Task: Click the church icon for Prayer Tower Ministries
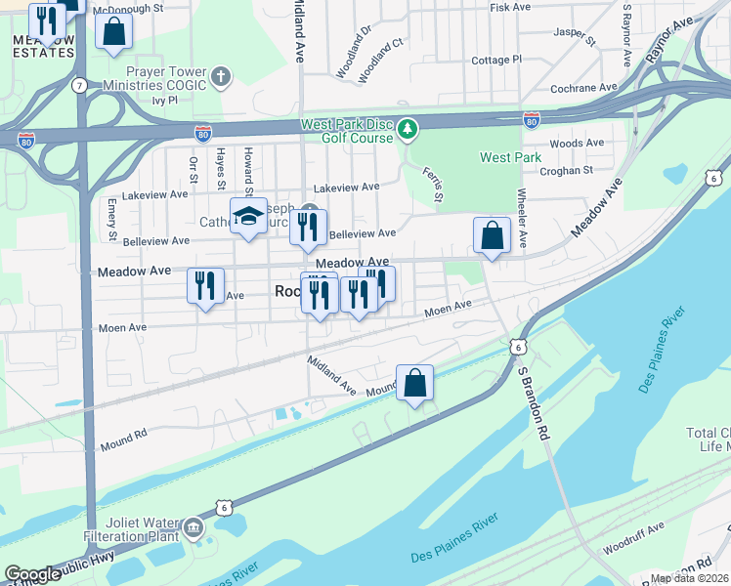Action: coord(222,76)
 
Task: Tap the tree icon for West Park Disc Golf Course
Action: coord(408,129)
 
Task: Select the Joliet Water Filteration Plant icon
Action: coord(193,529)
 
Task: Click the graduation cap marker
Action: coord(248,217)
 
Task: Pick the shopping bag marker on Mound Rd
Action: coord(414,383)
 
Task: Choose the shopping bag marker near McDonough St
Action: coord(114,30)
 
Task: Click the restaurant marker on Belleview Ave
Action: coord(309,228)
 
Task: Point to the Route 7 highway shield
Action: coord(79,86)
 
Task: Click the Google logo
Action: coord(32,574)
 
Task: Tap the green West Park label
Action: coord(510,157)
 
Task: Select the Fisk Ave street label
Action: coord(509,7)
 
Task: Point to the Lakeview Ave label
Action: coord(345,187)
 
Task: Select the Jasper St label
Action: coord(575,36)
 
